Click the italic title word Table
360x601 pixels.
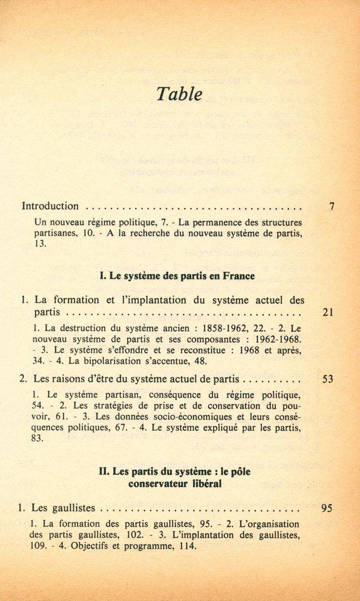(179, 94)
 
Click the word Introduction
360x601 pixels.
(50, 206)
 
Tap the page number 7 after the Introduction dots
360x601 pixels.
(332, 206)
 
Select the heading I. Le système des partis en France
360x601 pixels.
(177, 276)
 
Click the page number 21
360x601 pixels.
(328, 313)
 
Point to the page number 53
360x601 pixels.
(328, 380)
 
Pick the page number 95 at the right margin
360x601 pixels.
(327, 508)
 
